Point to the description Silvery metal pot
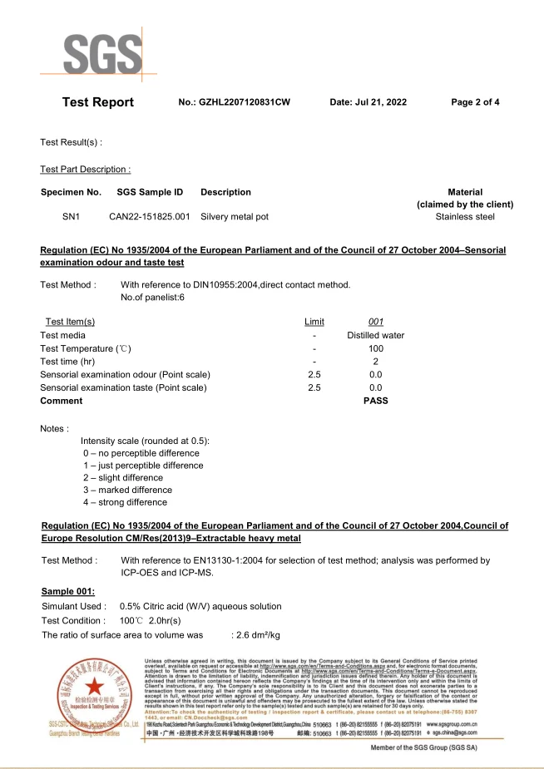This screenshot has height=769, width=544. click(x=235, y=217)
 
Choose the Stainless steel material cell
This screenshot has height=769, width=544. click(x=465, y=217)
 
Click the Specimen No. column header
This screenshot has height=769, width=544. click(x=71, y=192)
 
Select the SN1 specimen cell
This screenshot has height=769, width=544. click(x=72, y=217)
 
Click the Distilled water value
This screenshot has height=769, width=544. click(x=375, y=335)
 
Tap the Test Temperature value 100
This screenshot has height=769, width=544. click(x=375, y=348)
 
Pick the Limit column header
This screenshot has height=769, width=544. click(x=314, y=322)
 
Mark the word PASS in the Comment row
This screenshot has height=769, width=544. click(x=375, y=401)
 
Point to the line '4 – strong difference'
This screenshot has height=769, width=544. click(x=125, y=502)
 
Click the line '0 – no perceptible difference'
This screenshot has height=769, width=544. click(x=141, y=453)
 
